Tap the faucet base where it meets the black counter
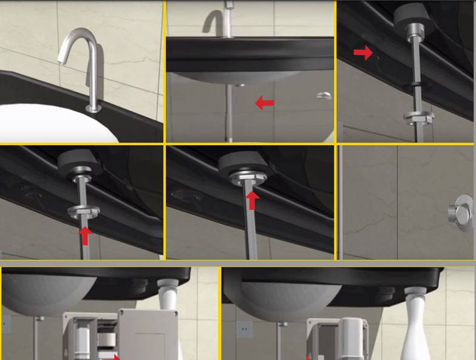click(93, 109)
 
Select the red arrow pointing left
click(264, 103)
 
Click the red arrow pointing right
click(363, 53)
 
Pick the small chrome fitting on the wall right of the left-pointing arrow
click(324, 95)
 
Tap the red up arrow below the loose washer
click(86, 235)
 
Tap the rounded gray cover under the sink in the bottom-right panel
click(353, 337)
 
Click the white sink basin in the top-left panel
click(36, 124)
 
